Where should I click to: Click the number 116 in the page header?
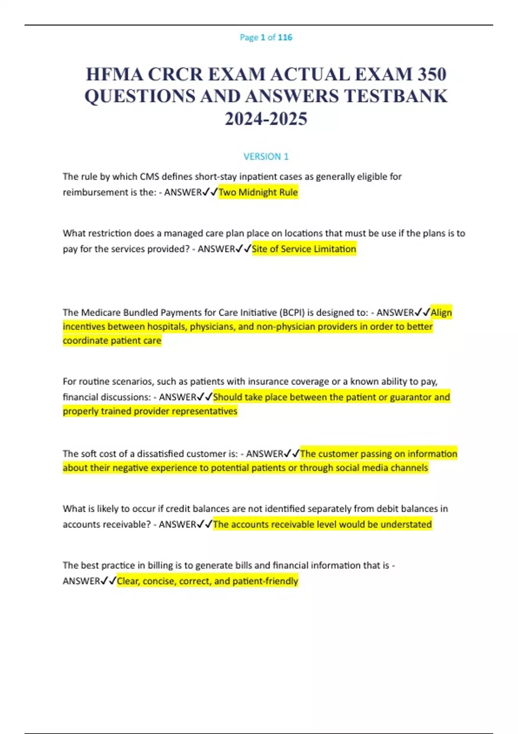[285, 38]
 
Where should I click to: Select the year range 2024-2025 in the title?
[266, 119]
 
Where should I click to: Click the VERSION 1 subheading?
[266, 156]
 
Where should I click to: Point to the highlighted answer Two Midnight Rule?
[258, 192]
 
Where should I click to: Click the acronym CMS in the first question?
[149, 177]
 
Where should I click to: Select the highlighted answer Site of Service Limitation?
[304, 249]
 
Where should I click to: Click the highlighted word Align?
[441, 312]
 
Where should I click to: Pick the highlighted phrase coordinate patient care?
[112, 341]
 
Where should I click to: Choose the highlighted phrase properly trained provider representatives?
[150, 411]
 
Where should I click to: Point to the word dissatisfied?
[160, 454]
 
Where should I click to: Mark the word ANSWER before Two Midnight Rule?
[183, 193]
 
